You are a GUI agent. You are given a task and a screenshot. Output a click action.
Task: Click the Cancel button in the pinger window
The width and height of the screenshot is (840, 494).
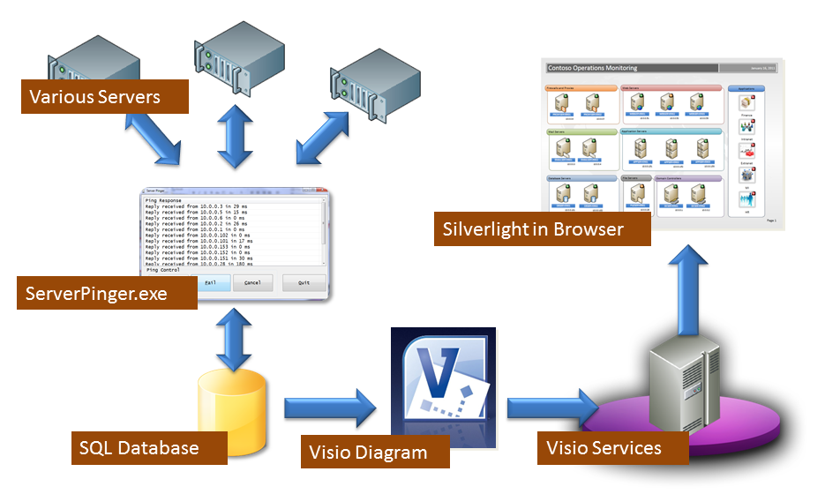coord(252,283)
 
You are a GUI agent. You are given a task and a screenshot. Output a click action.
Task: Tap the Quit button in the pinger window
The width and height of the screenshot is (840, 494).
coord(304,283)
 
